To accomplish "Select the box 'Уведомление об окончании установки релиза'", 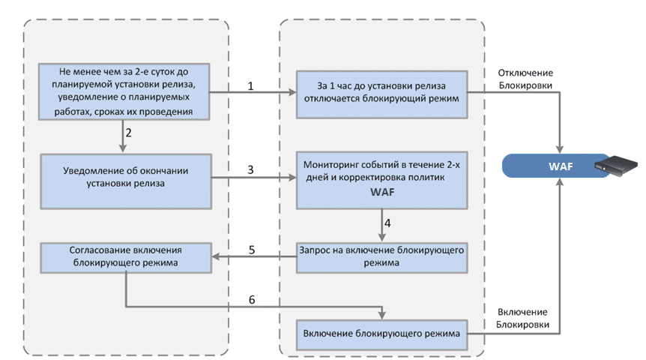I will pos(125,176).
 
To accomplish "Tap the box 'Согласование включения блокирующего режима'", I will pos(127,256).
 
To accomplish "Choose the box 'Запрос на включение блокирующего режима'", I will pos(383,256).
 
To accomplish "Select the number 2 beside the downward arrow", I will pos(129,133).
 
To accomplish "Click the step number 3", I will pos(250,170).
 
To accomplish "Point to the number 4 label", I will pos(387,223).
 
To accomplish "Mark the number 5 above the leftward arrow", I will pos(252,250).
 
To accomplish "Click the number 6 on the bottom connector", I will pos(252,299).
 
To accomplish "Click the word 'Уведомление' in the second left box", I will pos(96,170).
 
